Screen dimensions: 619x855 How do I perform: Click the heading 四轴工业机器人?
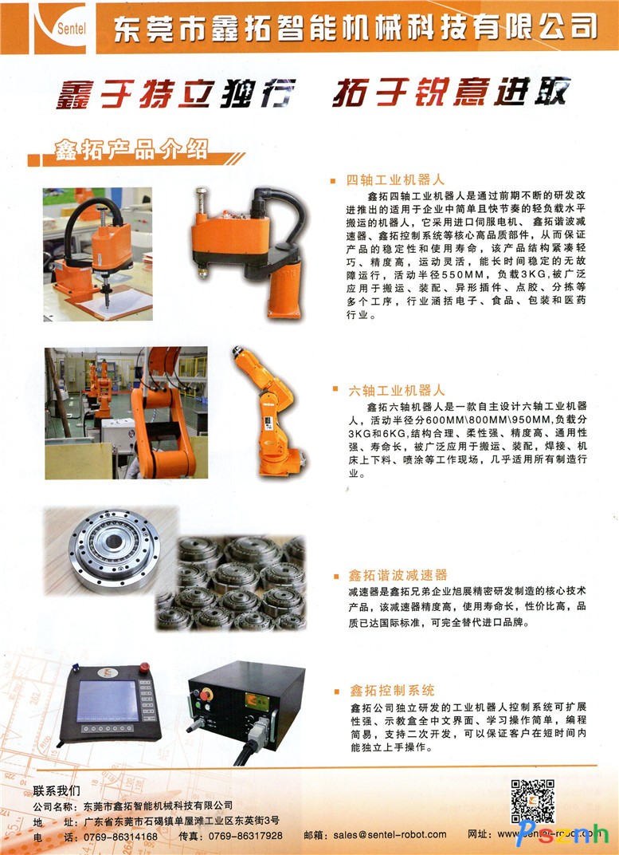[396, 180]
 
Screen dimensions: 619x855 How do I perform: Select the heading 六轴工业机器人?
[397, 391]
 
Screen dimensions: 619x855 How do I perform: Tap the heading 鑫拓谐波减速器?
[398, 575]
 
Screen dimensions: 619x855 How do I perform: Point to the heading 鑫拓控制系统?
[392, 691]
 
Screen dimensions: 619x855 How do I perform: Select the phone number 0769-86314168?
[120, 836]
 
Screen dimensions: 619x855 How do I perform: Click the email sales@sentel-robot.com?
[390, 835]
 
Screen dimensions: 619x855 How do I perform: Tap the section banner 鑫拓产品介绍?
[131, 149]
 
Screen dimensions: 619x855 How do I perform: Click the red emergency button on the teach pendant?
[144, 667]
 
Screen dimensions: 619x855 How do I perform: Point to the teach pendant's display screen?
[108, 701]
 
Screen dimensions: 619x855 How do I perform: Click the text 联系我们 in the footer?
[56, 790]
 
